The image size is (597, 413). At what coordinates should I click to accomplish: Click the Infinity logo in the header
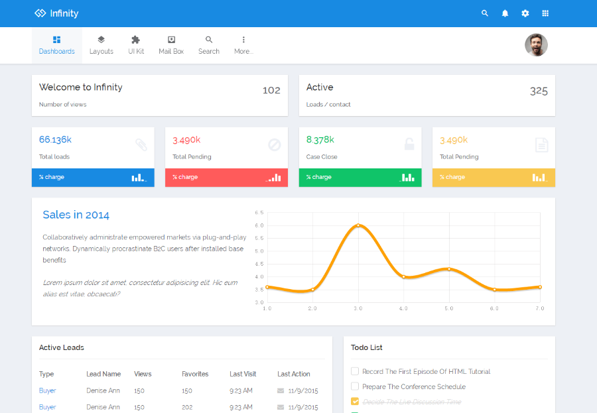click(x=56, y=13)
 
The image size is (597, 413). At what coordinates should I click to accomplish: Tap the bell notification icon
click(x=505, y=13)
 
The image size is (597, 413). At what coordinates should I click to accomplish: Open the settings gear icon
click(x=525, y=13)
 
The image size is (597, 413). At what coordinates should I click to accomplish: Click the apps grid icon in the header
click(x=545, y=13)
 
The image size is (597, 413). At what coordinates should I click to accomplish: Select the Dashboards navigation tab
click(x=57, y=45)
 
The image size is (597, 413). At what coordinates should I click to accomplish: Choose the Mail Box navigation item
click(x=171, y=45)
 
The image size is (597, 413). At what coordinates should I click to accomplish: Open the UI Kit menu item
click(x=136, y=45)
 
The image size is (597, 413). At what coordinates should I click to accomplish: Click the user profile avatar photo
click(x=536, y=45)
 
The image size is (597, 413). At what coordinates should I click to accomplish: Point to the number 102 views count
click(x=271, y=90)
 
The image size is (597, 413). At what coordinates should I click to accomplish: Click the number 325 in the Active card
click(x=539, y=91)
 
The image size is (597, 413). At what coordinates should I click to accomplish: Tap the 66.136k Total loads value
click(x=55, y=140)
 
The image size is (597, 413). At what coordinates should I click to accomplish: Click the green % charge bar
click(x=360, y=178)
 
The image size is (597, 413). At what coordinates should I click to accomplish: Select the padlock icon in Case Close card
click(x=409, y=145)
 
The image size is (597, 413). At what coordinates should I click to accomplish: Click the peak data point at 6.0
click(x=358, y=225)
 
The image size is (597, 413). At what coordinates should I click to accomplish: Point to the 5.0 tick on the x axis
click(x=449, y=308)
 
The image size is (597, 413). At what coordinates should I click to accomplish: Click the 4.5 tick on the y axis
click(x=259, y=264)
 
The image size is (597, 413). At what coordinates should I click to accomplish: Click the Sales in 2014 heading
click(x=76, y=215)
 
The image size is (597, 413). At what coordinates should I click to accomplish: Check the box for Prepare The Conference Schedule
click(x=355, y=386)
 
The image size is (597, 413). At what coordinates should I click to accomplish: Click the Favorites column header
click(x=195, y=374)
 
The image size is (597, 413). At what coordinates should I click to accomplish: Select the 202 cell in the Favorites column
click(x=187, y=407)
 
